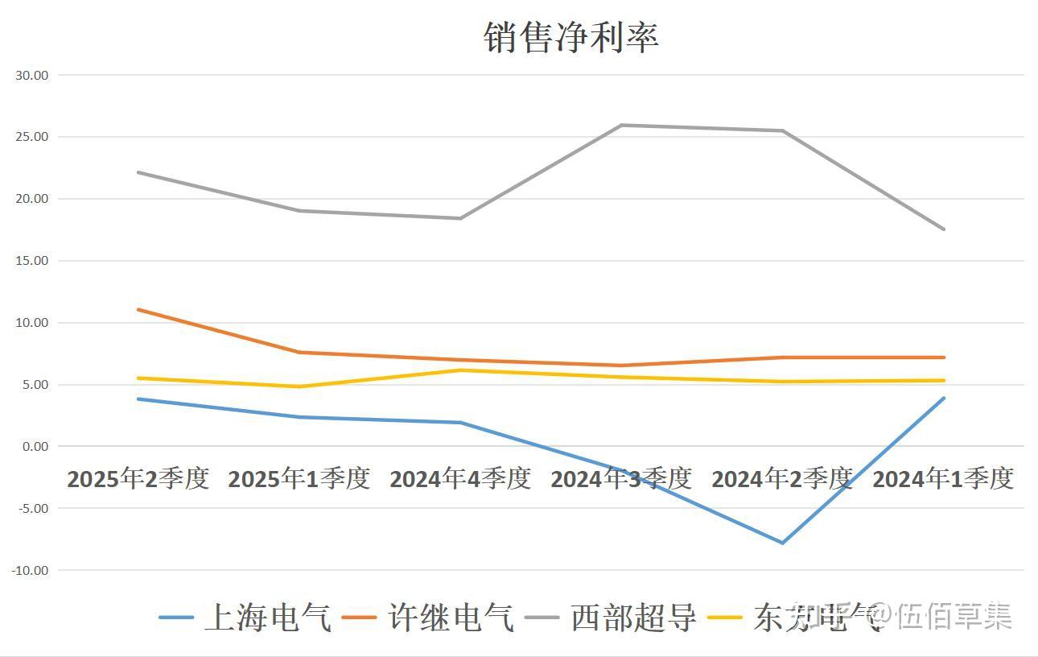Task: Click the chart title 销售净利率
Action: point(571,37)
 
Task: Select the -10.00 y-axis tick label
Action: point(30,570)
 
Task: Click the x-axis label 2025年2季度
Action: point(138,479)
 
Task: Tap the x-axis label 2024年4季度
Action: point(460,479)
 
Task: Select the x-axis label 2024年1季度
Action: point(943,479)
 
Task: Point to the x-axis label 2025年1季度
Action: point(299,479)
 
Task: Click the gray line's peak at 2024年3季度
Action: point(621,125)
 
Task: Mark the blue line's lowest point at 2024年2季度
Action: point(782,543)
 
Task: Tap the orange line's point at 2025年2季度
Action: point(138,309)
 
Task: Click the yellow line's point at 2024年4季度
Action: point(460,370)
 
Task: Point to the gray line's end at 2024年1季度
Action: point(944,229)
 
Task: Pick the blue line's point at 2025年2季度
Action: point(138,399)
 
